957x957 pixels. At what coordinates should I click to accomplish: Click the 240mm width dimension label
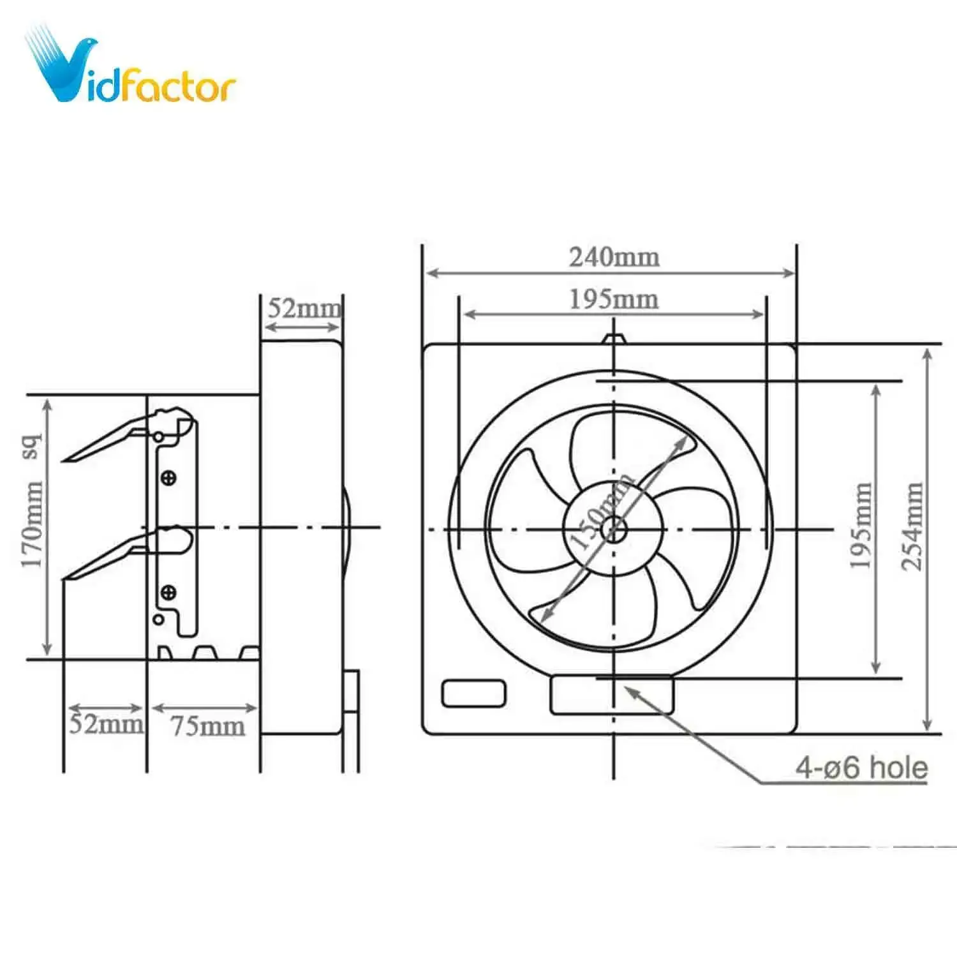[x=614, y=257]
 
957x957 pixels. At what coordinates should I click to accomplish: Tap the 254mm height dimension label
[x=912, y=526]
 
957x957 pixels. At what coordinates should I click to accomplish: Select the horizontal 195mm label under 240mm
[x=614, y=299]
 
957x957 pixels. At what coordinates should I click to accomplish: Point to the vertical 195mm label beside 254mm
[x=861, y=526]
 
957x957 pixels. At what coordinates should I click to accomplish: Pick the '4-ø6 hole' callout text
[x=861, y=767]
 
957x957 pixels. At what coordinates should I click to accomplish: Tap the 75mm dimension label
[x=207, y=726]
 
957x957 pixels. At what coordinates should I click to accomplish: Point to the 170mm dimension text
[x=32, y=524]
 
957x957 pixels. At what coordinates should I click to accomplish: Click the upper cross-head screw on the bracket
[x=168, y=477]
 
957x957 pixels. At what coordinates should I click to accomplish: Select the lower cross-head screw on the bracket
[x=168, y=593]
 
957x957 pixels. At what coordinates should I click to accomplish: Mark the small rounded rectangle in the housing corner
[x=473, y=694]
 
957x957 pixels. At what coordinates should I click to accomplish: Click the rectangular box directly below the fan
[x=611, y=694]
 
